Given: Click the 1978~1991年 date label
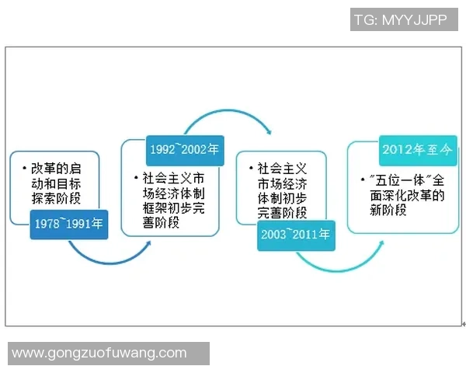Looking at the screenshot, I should (x=68, y=224).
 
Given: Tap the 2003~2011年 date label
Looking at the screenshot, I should (x=297, y=234).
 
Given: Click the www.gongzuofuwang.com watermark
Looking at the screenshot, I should (x=99, y=353).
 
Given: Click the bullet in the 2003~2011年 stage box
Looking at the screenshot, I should (x=250, y=168).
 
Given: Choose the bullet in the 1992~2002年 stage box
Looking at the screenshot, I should (x=136, y=176).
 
